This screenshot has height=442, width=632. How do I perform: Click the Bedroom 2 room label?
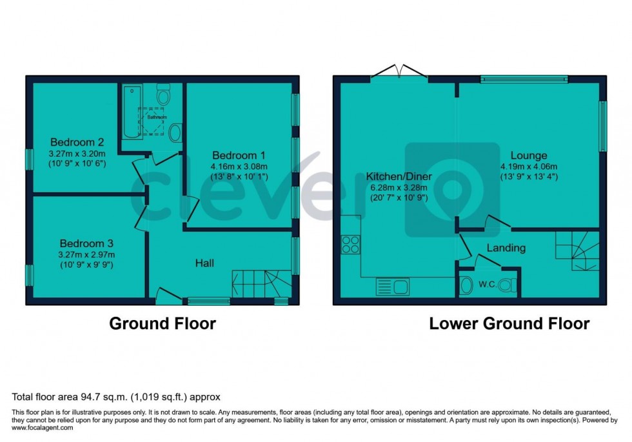coord(78,143)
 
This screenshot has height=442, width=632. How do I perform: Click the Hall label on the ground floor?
coord(205,263)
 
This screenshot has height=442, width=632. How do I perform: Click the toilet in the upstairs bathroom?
coord(163,95)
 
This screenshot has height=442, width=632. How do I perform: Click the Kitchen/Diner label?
coord(399,176)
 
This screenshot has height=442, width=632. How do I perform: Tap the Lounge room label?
coord(529,156)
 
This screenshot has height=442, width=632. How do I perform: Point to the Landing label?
coord(506,248)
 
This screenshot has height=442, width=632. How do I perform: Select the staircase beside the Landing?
coord(577,252)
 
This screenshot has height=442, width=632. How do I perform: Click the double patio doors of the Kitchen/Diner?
coord(400,72)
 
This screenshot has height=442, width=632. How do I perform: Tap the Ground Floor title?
coord(162,323)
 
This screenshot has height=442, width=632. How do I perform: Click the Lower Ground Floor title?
coord(509,323)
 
